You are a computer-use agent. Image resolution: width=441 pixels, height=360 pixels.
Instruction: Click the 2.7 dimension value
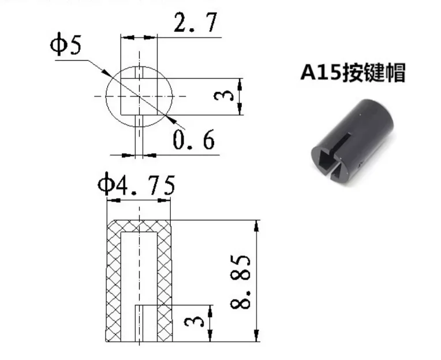coord(196,22)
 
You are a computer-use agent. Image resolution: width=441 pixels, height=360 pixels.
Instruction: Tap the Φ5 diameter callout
coord(66,44)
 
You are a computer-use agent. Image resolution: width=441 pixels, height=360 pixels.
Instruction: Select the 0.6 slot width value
coord(194,140)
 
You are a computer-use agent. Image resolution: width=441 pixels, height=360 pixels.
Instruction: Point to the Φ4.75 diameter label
coord(136,185)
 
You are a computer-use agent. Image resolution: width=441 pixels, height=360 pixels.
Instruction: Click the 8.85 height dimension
coord(241,281)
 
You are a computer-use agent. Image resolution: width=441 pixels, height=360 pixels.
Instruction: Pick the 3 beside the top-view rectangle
coord(223,97)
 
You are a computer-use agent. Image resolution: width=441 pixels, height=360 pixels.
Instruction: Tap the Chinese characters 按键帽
coord(373,73)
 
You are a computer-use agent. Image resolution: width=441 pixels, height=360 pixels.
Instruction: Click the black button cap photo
coord(352,142)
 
